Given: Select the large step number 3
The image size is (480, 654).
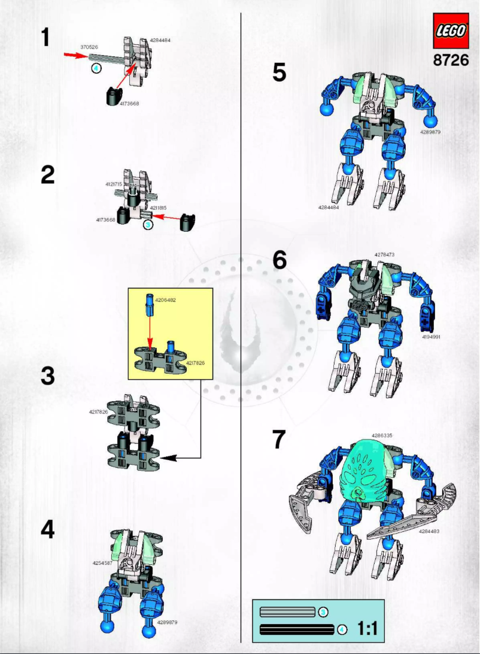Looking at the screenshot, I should pyautogui.click(x=48, y=376).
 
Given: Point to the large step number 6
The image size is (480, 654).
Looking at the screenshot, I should pyautogui.click(x=279, y=259).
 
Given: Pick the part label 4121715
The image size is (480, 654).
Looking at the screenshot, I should pyautogui.click(x=113, y=184).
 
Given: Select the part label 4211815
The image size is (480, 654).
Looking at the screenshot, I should pyautogui.click(x=158, y=208).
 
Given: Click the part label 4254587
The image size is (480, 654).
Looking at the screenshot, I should pyautogui.click(x=102, y=563).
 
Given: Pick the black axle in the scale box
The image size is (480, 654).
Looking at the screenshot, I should pyautogui.click(x=297, y=629).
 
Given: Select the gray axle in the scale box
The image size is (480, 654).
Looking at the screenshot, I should pyautogui.click(x=288, y=611).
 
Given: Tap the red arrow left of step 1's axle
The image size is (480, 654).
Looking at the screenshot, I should pyautogui.click(x=75, y=56).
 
